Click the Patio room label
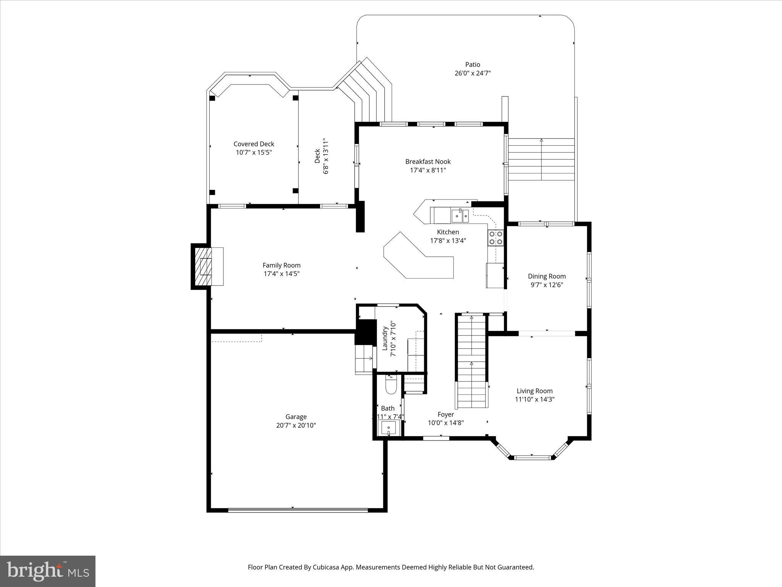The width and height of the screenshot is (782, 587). point(472,65)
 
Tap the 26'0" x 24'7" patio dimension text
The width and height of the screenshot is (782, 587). point(472,73)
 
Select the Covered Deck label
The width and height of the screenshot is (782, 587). point(254,144)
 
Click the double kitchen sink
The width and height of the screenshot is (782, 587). point(460,216)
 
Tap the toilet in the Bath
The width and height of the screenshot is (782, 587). point(391,385)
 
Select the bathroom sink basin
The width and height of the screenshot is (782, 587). point(389,428)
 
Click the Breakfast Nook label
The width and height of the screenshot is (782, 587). point(428,162)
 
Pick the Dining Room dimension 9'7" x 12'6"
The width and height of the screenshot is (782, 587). point(547,285)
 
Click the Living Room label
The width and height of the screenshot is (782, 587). point(535,391)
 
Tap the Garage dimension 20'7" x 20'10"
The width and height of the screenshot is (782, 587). point(296,425)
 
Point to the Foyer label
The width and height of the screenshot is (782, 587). point(446,414)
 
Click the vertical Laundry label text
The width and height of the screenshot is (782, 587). point(385,338)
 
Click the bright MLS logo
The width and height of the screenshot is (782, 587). point(48,571)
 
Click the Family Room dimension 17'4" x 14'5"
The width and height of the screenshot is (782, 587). point(281,274)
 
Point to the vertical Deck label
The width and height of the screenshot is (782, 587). point(317,156)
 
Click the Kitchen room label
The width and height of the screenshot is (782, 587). point(448,232)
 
